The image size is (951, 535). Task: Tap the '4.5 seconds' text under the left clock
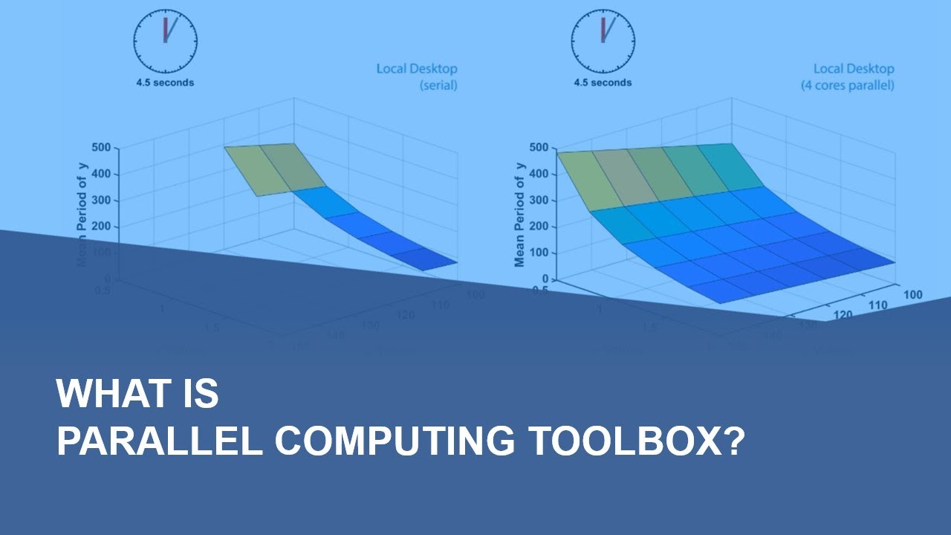(x=165, y=82)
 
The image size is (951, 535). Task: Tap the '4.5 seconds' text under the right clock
(x=603, y=82)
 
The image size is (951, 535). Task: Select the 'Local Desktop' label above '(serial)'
(x=417, y=69)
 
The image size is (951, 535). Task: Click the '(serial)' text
(x=438, y=85)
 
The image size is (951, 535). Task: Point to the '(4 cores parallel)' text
(x=847, y=85)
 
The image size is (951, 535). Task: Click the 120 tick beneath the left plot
(x=406, y=315)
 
